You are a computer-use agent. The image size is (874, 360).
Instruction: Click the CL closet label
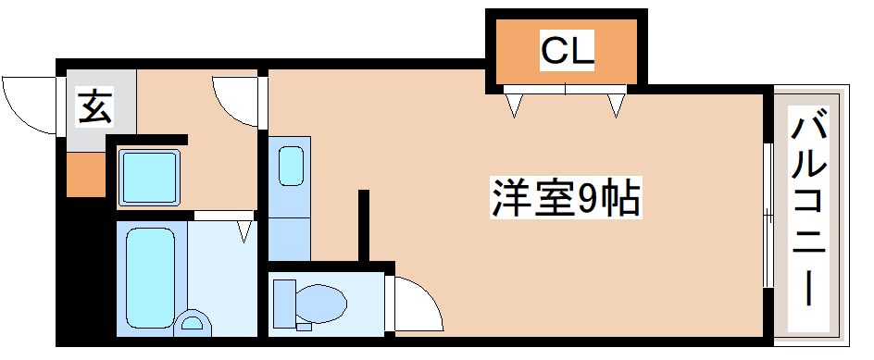coord(567,51)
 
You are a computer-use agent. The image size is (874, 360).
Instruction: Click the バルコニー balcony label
coord(809,208)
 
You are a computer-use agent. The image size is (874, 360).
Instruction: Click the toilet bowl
coord(317,301)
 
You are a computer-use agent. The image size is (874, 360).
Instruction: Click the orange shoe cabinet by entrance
coord(85,172)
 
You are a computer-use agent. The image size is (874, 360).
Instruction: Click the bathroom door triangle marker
coord(244,229)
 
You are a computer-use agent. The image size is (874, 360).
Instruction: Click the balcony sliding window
coord(768,215)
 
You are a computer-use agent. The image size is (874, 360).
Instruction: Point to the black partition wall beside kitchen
coord(364,226)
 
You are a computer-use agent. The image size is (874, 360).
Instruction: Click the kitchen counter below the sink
coord(291,237)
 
